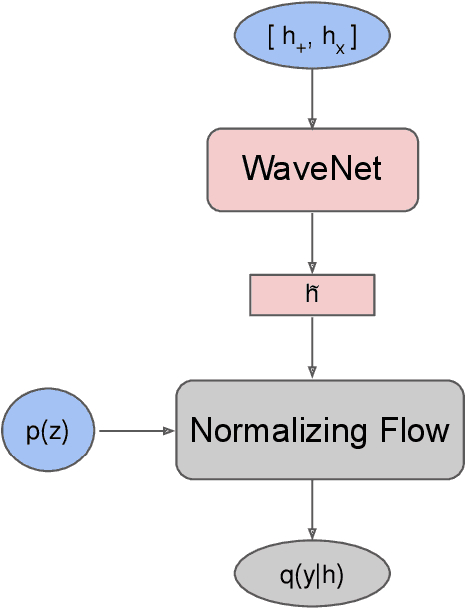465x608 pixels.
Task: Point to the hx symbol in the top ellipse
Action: click(x=328, y=37)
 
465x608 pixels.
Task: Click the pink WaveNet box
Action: click(x=312, y=169)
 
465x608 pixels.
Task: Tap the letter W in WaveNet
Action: click(x=255, y=169)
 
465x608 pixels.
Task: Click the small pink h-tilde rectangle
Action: click(x=312, y=294)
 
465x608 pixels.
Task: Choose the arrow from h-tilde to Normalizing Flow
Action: click(x=312, y=346)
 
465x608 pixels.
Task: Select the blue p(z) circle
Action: click(x=48, y=431)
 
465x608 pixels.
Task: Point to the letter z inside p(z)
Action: click(x=56, y=432)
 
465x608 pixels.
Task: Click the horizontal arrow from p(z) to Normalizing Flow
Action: click(x=136, y=431)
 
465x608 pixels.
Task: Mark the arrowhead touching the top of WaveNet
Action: click(x=312, y=123)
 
